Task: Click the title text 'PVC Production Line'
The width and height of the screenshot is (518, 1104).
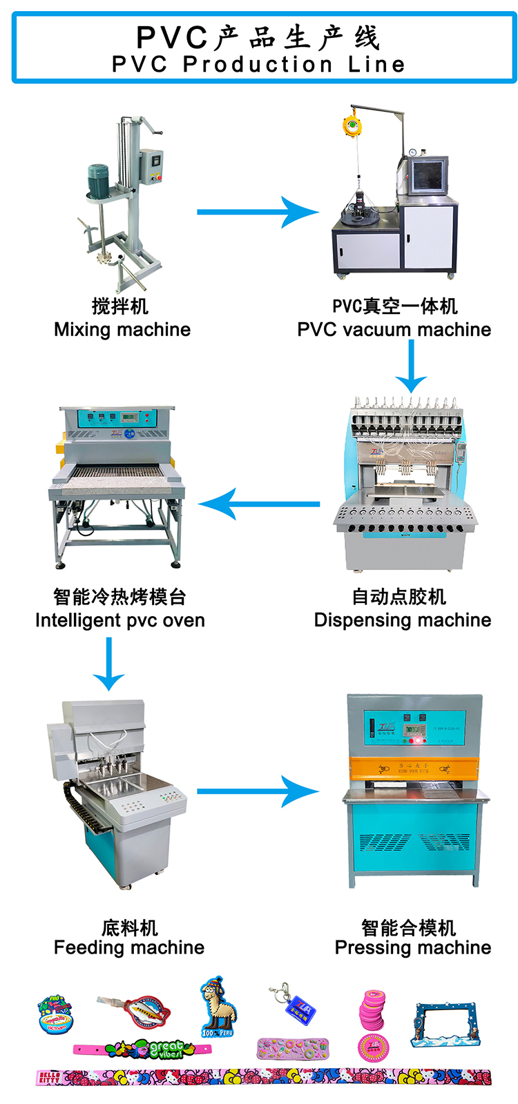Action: point(258,64)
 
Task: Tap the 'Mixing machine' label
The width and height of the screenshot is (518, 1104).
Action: point(122,330)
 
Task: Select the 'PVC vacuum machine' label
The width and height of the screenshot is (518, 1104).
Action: point(394,330)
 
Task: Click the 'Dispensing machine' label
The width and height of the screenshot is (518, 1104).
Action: point(403,620)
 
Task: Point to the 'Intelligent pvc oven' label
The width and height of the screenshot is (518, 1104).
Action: point(120,620)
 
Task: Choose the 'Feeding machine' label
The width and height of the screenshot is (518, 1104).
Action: point(129,947)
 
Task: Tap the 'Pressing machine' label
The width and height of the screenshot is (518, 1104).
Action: point(413,947)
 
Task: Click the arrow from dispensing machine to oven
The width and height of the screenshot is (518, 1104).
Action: point(258,504)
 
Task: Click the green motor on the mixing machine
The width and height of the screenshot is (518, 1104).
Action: point(98,181)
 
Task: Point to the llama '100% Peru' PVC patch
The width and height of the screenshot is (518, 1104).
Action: point(217,1007)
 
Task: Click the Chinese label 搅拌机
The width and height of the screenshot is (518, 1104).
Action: point(120,306)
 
